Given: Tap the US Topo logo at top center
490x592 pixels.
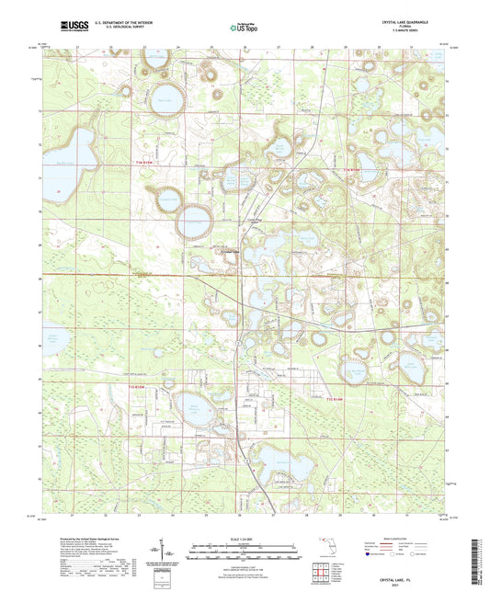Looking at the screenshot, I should coord(243,28).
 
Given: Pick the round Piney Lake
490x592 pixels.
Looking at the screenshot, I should coord(166,98).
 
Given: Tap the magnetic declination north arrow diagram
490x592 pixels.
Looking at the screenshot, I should coord(172,549).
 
